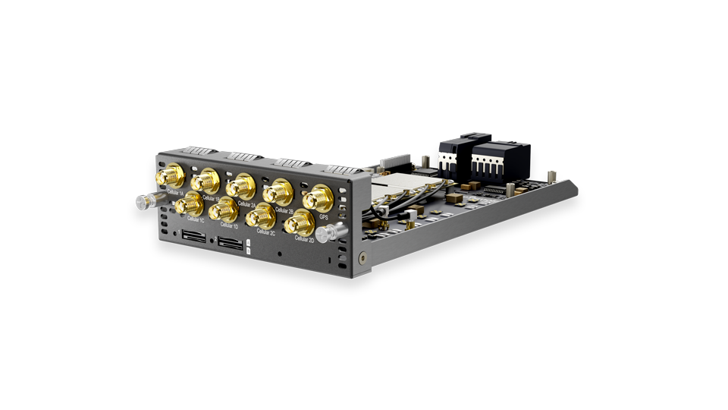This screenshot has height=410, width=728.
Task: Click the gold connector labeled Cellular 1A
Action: pyautogui.click(x=171, y=178)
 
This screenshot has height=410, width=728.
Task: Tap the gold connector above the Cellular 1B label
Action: pyautogui.click(x=205, y=181)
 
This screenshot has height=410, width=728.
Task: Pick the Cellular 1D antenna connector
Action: pyautogui.click(x=224, y=208)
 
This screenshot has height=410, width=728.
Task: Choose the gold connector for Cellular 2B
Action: pyautogui.click(x=280, y=191)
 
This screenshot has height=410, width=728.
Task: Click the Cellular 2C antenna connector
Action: pyautogui.click(x=261, y=216)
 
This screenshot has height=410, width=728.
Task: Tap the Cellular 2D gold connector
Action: pyautogui.click(x=300, y=222)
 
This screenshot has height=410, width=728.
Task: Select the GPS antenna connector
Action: pyautogui.click(x=318, y=199)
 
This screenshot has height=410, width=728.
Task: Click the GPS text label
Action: pyautogui.click(x=324, y=216)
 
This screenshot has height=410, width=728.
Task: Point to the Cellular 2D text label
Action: pyautogui.click(x=304, y=239)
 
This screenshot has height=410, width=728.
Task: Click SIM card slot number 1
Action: pyautogui.click(x=193, y=238)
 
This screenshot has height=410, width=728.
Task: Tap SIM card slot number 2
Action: pyautogui.click(x=230, y=244)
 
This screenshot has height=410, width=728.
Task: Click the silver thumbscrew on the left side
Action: pyautogui.click(x=143, y=202)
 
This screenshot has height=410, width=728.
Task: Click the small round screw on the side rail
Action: pyautogui.click(x=363, y=258)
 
